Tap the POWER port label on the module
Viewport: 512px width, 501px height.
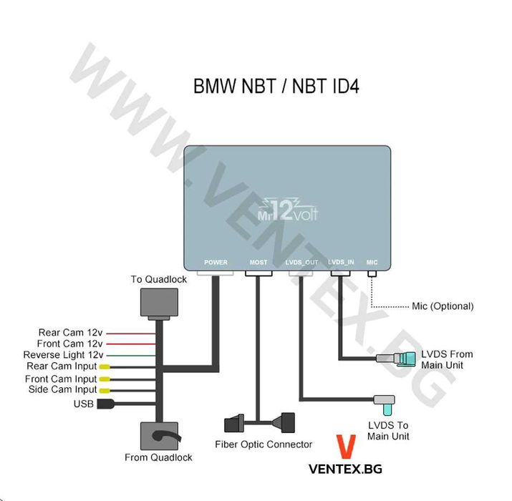pos(216,263)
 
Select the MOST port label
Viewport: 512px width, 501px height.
pos(259,263)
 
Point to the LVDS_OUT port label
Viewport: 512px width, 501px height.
pos(301,263)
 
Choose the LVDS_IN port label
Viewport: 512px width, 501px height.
pos(341,263)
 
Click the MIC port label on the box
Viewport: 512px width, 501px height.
pos(372,263)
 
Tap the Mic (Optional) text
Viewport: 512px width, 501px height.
pos(442,306)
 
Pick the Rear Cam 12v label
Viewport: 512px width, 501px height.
pos(71,332)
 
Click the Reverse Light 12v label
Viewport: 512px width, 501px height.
pos(63,355)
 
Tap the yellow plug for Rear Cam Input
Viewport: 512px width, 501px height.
pos(104,367)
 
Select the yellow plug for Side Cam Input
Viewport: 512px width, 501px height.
pos(104,390)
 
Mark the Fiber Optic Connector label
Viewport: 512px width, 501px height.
pos(264,444)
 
